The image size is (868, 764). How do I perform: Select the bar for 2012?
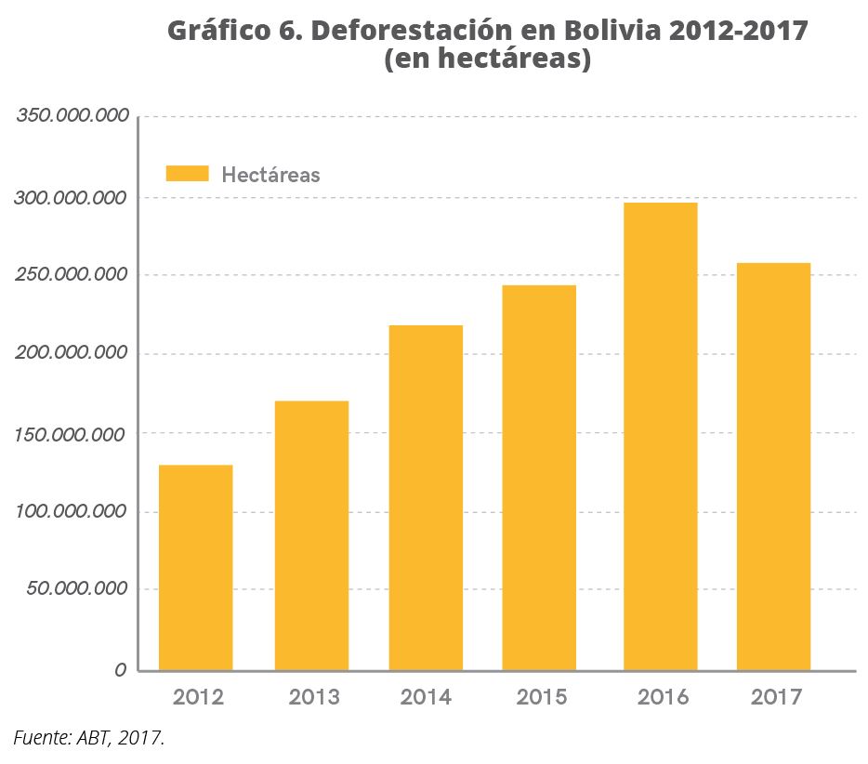[195, 567]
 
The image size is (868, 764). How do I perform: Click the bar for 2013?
[311, 535]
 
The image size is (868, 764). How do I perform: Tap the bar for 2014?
[426, 497]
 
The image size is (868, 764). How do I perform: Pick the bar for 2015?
[539, 478]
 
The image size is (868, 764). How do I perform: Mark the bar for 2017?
[773, 467]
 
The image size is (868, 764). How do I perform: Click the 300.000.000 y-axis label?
[71, 198]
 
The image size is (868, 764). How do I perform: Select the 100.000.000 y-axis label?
[71, 511]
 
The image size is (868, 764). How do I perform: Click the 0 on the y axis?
[121, 670]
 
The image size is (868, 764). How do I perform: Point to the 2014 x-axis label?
[426, 697]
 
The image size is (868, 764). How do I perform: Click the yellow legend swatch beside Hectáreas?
[187, 174]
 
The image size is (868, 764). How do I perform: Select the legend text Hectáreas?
[270, 175]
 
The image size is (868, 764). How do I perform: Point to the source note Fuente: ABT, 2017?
[89, 739]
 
